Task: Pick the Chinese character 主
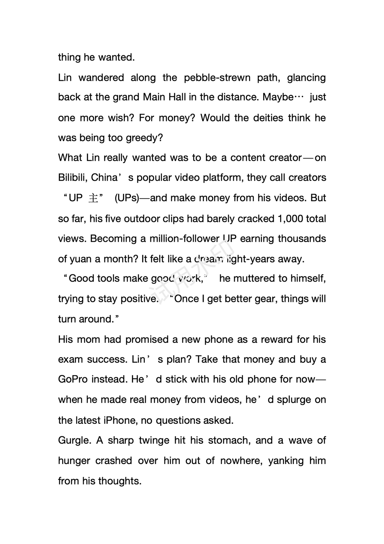93,198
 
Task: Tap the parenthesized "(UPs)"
127,198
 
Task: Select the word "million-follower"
184,239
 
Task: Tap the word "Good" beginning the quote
81,279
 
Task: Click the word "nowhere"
240,461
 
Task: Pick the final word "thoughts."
120,481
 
